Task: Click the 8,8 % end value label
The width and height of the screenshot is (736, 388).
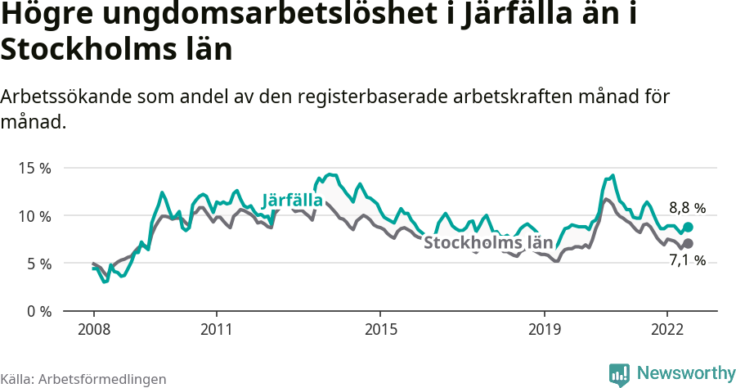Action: coord(687,208)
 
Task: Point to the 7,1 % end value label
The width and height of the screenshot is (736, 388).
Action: coord(687,260)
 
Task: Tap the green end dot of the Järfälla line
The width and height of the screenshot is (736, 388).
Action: coord(688,227)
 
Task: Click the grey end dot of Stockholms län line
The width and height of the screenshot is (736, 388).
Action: coord(688,243)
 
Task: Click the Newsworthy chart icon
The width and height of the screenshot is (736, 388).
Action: coord(619,374)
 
